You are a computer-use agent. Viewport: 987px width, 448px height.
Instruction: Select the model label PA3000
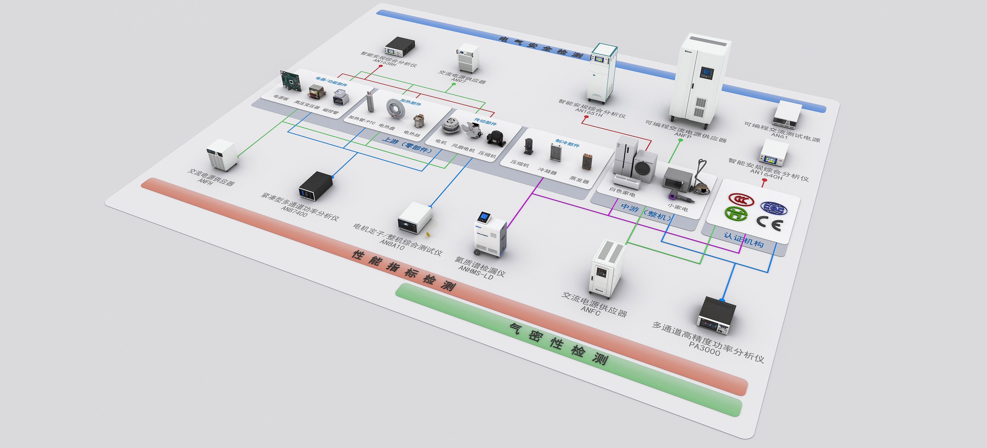click(x=704, y=348)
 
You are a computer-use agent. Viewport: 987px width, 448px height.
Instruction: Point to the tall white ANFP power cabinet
click(x=699, y=80)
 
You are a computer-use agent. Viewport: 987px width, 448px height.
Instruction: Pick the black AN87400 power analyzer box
click(x=315, y=186)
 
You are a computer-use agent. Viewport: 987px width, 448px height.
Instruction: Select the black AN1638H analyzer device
click(x=400, y=47)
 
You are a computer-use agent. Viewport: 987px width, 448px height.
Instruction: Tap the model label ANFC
click(x=590, y=310)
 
